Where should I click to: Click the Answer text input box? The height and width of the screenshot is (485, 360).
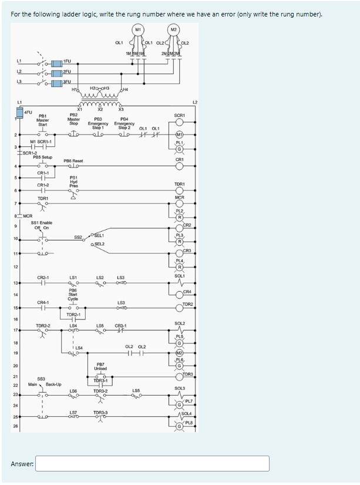point(156,463)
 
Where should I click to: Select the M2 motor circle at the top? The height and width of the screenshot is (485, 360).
point(174,30)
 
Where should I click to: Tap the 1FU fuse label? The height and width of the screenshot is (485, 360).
point(68,61)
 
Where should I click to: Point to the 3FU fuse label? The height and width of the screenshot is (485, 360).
point(68,82)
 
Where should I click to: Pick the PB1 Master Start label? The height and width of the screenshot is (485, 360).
point(43,121)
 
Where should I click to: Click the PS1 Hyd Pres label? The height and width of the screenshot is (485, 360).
point(73,182)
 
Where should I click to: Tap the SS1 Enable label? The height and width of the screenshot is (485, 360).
point(42,223)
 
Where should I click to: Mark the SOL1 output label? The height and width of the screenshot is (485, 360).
point(180,276)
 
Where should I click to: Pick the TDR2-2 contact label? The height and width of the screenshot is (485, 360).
point(43,325)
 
